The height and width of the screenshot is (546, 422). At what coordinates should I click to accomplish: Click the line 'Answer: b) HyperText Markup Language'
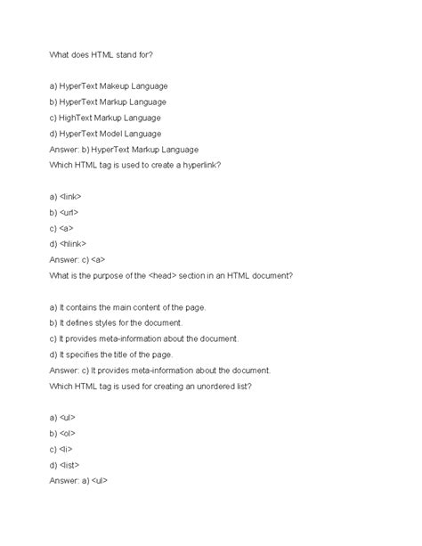point(124,150)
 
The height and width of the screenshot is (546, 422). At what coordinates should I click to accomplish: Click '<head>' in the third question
point(183,276)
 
